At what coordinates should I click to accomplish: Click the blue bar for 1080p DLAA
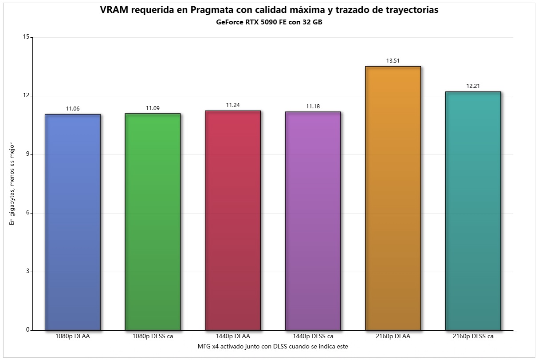[73, 222]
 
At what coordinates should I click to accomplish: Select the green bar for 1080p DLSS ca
[153, 222]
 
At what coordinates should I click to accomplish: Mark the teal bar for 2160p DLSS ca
[473, 211]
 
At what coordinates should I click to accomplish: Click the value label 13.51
[393, 61]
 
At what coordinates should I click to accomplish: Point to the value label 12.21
[473, 86]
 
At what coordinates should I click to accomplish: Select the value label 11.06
[73, 109]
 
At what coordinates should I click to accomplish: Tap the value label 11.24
[233, 105]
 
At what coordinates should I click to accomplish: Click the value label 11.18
[313, 106]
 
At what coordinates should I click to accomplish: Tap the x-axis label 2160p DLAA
[393, 336]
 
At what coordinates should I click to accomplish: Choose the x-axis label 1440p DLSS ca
[313, 336]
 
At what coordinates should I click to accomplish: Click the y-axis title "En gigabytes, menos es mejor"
[12, 183]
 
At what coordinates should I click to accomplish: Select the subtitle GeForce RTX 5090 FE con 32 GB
[269, 23]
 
